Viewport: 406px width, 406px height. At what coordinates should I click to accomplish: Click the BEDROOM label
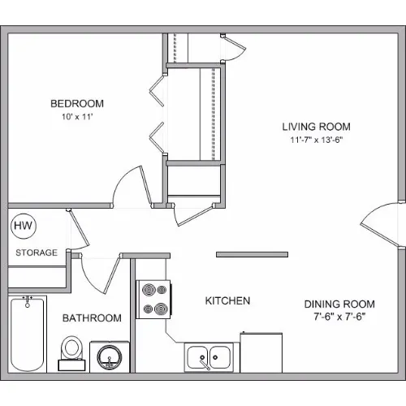pos(77,103)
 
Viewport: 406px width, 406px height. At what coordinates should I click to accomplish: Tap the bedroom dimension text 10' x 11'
pos(77,117)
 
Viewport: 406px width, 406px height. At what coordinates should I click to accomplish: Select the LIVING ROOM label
pos(317,127)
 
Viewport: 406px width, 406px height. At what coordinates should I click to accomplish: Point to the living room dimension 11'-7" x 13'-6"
pos(317,140)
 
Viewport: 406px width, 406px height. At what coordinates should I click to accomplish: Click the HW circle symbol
pos(24,226)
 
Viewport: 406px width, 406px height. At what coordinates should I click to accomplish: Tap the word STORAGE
pos(37,253)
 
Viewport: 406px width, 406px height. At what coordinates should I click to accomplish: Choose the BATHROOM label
pos(92,318)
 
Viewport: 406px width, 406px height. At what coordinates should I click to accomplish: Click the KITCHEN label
pos(227,300)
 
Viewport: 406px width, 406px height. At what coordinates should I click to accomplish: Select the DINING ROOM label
pos(339,304)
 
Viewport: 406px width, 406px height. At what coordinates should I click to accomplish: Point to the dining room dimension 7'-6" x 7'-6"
pos(339,317)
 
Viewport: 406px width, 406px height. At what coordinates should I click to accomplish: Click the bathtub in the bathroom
pos(28,335)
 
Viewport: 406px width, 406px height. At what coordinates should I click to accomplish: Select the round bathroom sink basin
pos(110,356)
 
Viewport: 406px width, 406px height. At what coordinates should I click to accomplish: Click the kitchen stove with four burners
pos(153,300)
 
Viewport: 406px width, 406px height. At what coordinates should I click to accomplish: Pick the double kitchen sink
pos(209,357)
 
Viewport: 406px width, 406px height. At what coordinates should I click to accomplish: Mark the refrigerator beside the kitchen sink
pos(261,352)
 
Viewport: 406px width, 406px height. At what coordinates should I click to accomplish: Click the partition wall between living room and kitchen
pos(252,254)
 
